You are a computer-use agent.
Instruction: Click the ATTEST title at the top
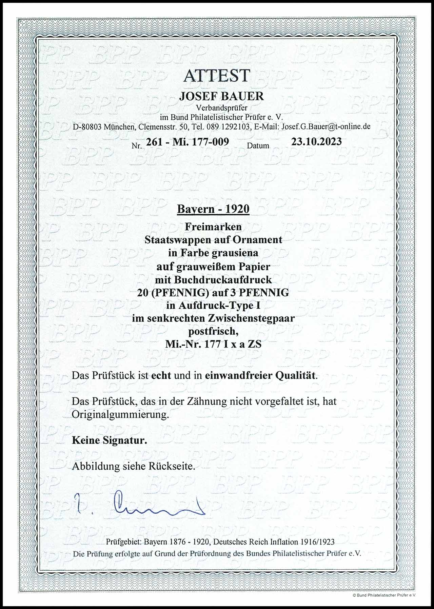pyautogui.click(x=217, y=76)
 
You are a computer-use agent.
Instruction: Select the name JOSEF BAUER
pyautogui.click(x=221, y=96)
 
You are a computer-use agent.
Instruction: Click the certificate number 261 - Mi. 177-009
pyautogui.click(x=187, y=142)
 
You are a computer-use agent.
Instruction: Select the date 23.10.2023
pyautogui.click(x=316, y=141)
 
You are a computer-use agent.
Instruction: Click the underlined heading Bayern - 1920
pyautogui.click(x=213, y=209)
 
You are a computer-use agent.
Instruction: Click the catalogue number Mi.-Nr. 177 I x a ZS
pyautogui.click(x=213, y=345)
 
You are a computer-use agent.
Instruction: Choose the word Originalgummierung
pyautogui.click(x=120, y=415)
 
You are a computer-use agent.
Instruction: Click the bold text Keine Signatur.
pyautogui.click(x=109, y=440)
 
